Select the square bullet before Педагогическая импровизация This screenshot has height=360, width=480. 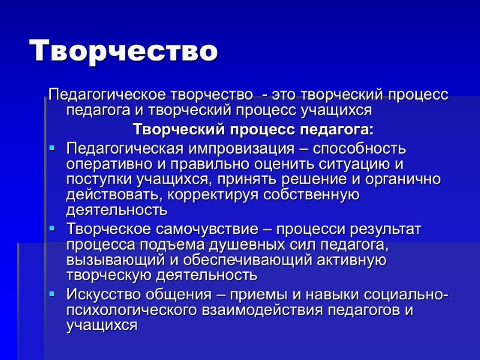52,146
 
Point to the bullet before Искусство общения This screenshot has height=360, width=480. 52,294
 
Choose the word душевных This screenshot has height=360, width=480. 232,245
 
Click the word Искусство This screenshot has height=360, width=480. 102,295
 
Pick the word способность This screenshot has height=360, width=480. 354,148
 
